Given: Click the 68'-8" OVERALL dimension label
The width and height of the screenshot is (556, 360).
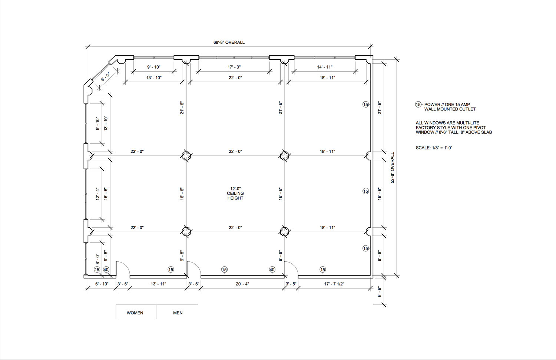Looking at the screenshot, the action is tap(229, 43).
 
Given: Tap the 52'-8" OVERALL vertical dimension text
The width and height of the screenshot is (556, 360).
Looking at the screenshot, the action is tap(393, 168).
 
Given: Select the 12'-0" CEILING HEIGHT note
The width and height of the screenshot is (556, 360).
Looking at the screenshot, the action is tap(235, 194).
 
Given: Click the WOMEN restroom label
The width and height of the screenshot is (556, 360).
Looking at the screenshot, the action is tap(135, 313).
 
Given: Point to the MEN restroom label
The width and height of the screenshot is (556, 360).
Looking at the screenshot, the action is tap(178, 313).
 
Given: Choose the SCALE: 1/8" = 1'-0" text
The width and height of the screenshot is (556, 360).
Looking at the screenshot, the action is tap(434, 148).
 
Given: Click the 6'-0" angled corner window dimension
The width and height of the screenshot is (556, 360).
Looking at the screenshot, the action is tap(105, 77).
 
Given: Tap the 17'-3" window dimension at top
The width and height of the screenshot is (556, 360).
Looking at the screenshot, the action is tap(234, 67).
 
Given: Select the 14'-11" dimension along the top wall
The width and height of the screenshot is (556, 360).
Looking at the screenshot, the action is tap(325, 67).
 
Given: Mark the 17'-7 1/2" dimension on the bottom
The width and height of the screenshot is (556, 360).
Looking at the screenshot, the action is tap(334, 284).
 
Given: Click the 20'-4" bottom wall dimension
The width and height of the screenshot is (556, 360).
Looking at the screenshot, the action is tap(242, 284).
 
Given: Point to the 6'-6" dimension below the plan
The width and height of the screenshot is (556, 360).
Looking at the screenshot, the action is tap(380, 292).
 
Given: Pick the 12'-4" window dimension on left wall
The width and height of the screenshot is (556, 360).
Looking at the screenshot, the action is tap(97, 194).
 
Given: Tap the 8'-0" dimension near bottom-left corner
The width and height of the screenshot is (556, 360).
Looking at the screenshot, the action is tap(97, 259).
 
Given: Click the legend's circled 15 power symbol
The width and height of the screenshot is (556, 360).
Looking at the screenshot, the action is tap(418, 105).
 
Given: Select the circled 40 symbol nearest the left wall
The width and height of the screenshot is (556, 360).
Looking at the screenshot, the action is tap(106, 270).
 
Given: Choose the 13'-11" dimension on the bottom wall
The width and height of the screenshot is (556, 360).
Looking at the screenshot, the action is tap(158, 284).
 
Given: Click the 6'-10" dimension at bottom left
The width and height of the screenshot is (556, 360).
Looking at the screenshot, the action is tap(102, 284).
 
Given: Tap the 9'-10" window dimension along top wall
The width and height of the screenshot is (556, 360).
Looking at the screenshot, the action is tap(154, 67).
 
